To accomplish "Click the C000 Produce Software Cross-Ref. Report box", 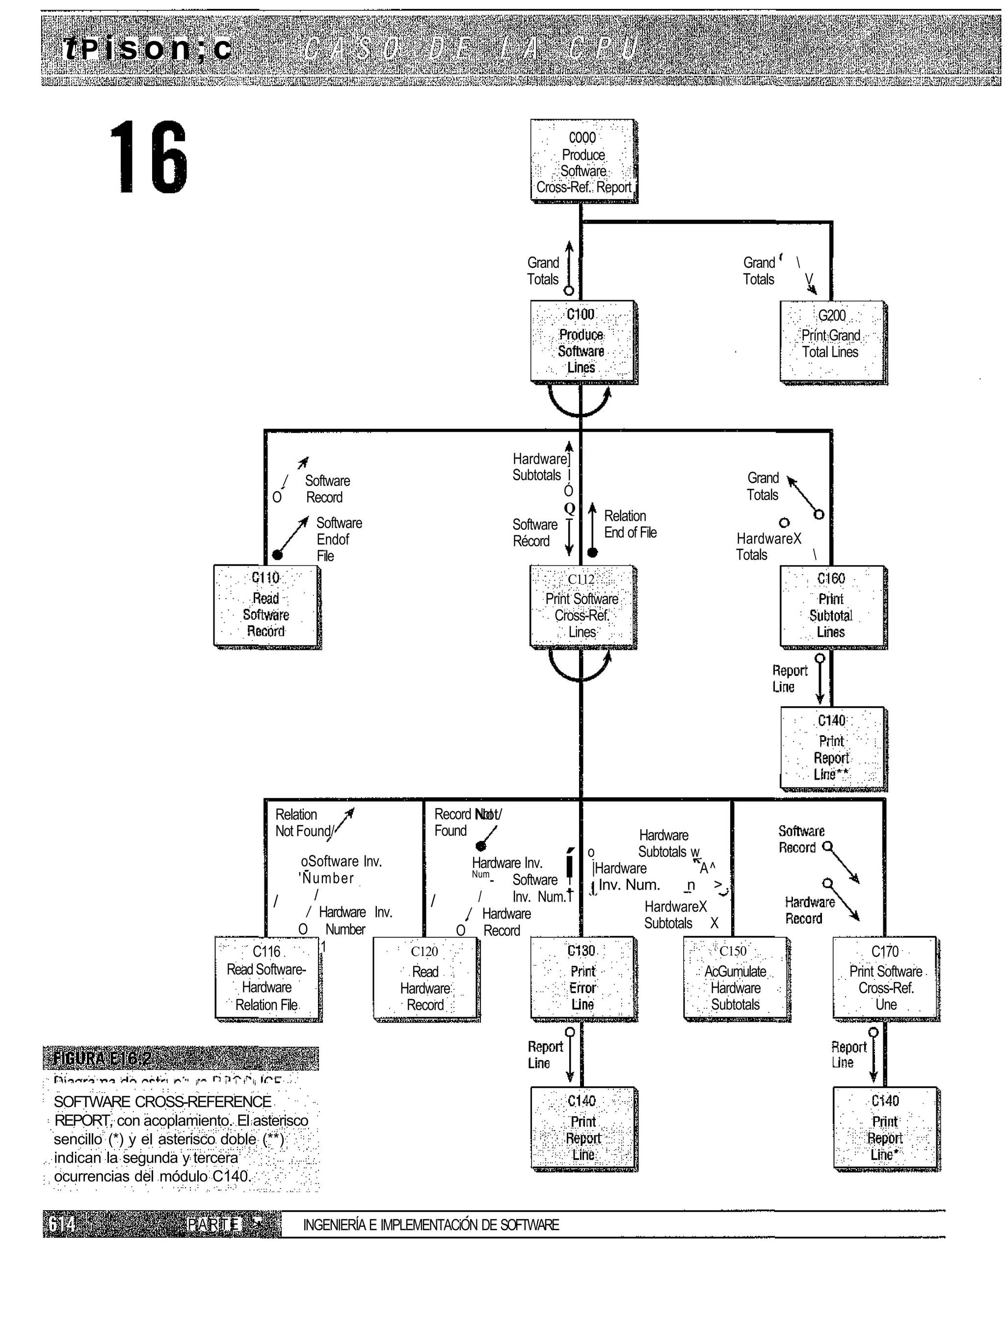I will tap(583, 161).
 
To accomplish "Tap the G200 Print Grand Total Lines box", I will tap(832, 342).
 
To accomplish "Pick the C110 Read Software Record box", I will tap(266, 606).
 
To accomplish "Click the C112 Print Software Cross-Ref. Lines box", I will tap(582, 606).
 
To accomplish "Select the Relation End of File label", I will tap(630, 524).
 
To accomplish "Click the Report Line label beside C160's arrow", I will tap(790, 678).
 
